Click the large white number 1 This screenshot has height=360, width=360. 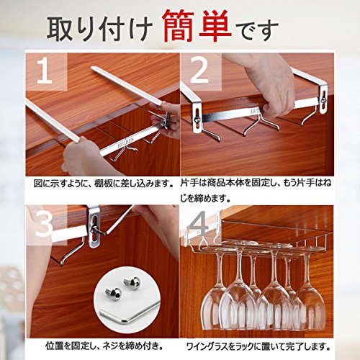click(x=45, y=71)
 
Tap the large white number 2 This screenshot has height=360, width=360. click(x=199, y=71)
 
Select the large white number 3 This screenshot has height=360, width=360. click(x=44, y=224)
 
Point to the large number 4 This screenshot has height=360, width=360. click(x=198, y=224)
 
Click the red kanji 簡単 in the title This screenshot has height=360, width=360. click(x=197, y=26)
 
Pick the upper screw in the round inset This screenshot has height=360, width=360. click(x=132, y=282)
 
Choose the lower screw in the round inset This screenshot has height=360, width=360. click(x=114, y=293)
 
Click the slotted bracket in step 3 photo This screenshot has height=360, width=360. click(x=94, y=228)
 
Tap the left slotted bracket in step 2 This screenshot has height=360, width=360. click(x=196, y=117)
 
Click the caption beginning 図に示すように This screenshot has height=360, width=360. click(x=104, y=184)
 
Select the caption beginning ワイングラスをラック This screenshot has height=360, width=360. click(x=258, y=346)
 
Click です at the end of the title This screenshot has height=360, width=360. click(x=257, y=30)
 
